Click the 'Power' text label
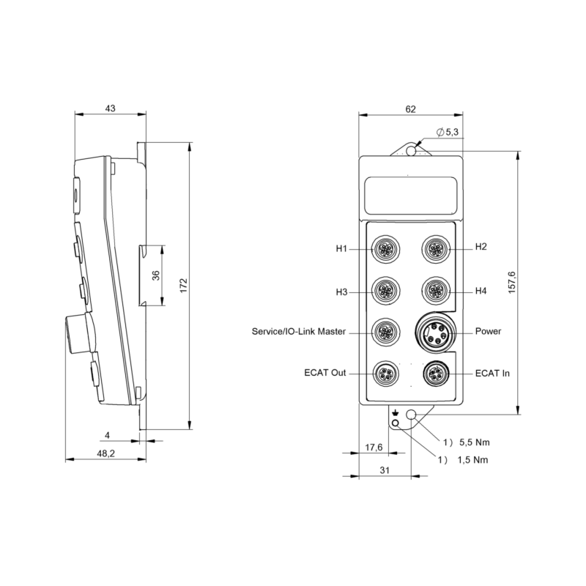tap(488, 332)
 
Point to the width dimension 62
tap(410, 109)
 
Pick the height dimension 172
tap(184, 284)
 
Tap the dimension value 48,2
tap(106, 454)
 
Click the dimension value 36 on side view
tap(155, 275)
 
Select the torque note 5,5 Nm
tap(473, 442)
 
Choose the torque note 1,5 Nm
tap(473, 460)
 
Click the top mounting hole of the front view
tap(412, 150)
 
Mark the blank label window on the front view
tap(410, 195)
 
